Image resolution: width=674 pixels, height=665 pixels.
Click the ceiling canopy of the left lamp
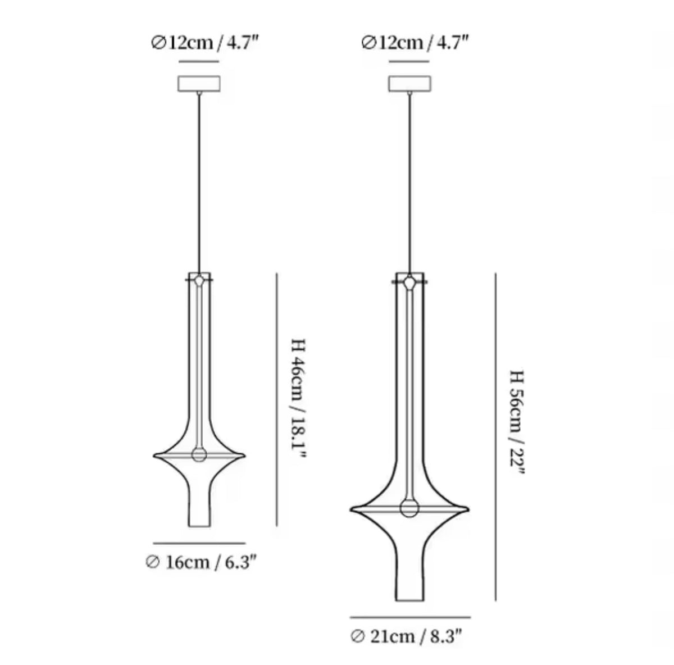199,84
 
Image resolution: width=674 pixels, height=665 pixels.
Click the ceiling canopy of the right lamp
409,84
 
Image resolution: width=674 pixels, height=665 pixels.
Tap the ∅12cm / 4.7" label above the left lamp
204,43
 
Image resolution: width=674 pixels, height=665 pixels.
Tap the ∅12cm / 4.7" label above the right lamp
415,43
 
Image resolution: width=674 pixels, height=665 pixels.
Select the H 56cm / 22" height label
517,422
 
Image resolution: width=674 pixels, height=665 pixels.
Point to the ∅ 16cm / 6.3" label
201,562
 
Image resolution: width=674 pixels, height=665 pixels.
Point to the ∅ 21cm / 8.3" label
406,636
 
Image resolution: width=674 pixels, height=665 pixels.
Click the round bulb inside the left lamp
199,454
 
